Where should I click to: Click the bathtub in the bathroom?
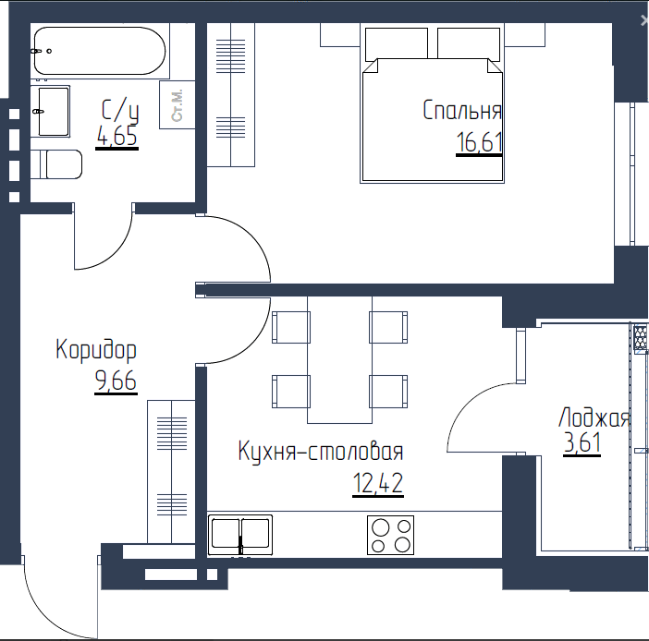pyautogui.click(x=99, y=51)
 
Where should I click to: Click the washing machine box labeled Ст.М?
pyautogui.click(x=178, y=105)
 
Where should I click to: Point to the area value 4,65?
pyautogui.click(x=116, y=136)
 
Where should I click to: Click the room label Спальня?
pyautogui.click(x=462, y=111)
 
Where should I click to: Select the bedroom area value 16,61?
pyautogui.click(x=479, y=142)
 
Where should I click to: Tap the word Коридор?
pyautogui.click(x=96, y=350)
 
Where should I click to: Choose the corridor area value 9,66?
pyautogui.click(x=116, y=380)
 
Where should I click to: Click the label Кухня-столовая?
pyautogui.click(x=321, y=451)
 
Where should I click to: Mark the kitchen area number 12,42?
pyautogui.click(x=378, y=483)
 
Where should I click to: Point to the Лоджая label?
pyautogui.click(x=594, y=417)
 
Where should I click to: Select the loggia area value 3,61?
pyautogui.click(x=582, y=442)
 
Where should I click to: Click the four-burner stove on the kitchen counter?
pyautogui.click(x=391, y=535)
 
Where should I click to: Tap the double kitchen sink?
pyautogui.click(x=240, y=535)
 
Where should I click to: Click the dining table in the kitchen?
pyautogui.click(x=339, y=360)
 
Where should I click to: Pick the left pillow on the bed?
pyautogui.click(x=396, y=43)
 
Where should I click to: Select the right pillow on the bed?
pyautogui.click(x=469, y=43)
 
